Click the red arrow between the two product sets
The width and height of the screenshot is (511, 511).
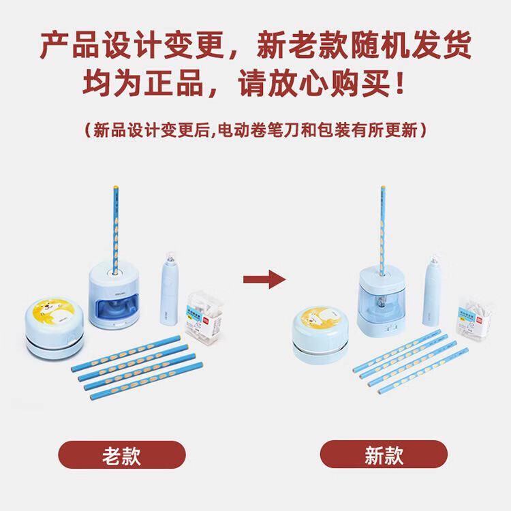tap(264, 279)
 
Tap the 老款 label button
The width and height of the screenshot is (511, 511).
tap(122, 455)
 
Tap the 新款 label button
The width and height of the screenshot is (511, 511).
tap(384, 454)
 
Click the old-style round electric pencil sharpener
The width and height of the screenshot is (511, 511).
tap(114, 295)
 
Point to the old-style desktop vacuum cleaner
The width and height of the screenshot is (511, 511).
tap(55, 328)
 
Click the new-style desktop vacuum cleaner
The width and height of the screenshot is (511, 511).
tap(320, 336)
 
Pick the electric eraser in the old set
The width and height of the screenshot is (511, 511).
tap(169, 289)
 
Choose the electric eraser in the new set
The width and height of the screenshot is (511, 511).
tap(432, 290)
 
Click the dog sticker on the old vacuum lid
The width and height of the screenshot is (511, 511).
tap(55, 312)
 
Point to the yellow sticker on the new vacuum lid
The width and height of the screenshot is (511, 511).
tap(320, 318)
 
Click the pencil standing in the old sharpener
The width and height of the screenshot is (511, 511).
tap(115, 230)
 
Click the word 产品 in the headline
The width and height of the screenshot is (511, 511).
tap(69, 45)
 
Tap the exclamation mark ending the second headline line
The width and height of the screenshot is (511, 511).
tap(401, 83)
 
